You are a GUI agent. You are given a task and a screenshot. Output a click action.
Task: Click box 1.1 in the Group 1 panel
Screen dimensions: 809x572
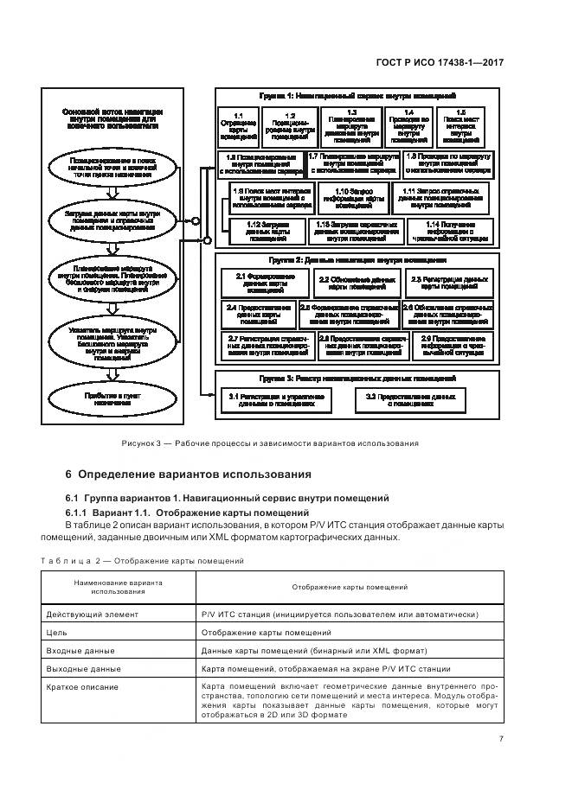pos(238,125)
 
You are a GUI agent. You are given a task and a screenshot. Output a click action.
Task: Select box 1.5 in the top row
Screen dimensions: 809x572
pos(460,125)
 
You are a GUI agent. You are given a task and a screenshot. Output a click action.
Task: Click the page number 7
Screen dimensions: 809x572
pos(501,737)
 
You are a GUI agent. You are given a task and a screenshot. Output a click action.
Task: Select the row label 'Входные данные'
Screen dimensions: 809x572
pos(77,651)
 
